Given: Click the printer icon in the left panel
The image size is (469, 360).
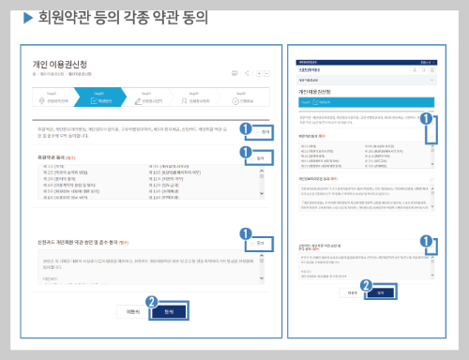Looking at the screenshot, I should (x=234, y=72).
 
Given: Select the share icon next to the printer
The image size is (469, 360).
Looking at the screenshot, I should (x=247, y=72).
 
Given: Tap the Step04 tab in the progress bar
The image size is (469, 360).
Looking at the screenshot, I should (x=197, y=98).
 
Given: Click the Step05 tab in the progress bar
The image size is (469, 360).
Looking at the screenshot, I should (x=243, y=98).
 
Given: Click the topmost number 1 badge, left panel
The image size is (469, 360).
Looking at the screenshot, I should (x=246, y=127).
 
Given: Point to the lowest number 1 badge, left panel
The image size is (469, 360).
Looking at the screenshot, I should (x=246, y=234).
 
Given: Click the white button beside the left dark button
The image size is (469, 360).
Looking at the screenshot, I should (x=132, y=310).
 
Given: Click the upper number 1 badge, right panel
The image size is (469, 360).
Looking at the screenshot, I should (x=427, y=119).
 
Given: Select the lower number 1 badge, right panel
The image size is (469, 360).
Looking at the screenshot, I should (x=427, y=241).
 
